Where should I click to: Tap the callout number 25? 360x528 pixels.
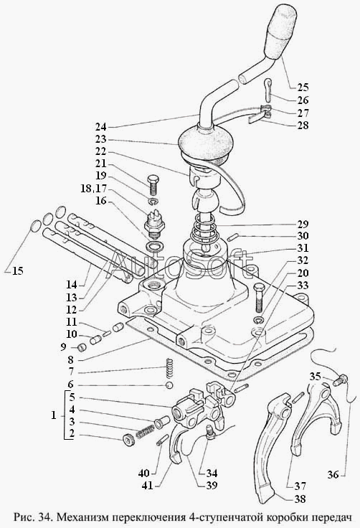pyautogui.click(x=303, y=88)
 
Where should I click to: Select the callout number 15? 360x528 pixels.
pyautogui.click(x=18, y=270)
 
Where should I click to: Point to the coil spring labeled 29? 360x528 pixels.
pyautogui.click(x=204, y=232)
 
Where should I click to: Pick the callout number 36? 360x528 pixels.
pyautogui.click(x=333, y=475)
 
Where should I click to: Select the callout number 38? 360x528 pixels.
pyautogui.click(x=299, y=499)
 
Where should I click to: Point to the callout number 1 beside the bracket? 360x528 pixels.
pyautogui.click(x=54, y=415)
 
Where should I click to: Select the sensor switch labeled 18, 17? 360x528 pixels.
pyautogui.click(x=153, y=223)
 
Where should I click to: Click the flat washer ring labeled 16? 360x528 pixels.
pyautogui.click(x=155, y=246)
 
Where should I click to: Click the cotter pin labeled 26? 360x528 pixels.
pyautogui.click(x=269, y=90)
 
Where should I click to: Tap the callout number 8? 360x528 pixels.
pyautogui.click(x=70, y=359)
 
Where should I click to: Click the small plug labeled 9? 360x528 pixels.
pyautogui.click(x=82, y=346)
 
